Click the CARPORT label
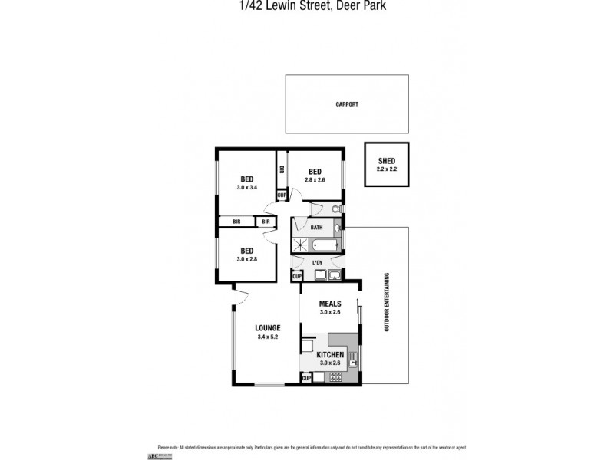coord(347,104)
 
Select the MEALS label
coord(330,304)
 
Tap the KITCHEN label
coord(330,355)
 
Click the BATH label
coord(316,227)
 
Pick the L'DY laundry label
coord(317,263)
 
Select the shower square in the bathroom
coord(300,245)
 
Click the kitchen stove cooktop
coord(335,377)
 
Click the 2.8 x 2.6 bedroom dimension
coord(315,179)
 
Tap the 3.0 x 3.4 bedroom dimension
coord(246,187)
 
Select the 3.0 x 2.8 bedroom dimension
coord(246,259)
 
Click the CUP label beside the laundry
coord(296,275)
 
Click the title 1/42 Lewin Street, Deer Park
coord(306,7)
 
